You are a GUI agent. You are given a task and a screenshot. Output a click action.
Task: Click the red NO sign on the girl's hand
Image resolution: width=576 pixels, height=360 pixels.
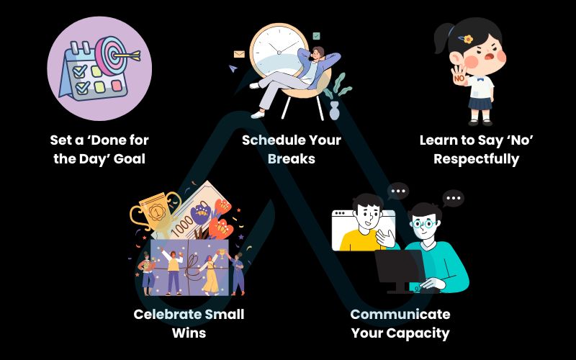(457, 76)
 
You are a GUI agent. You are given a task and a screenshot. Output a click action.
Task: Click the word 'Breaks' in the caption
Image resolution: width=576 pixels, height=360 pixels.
(292, 158)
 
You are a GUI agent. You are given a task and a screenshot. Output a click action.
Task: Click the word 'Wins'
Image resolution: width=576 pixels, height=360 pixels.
(189, 333)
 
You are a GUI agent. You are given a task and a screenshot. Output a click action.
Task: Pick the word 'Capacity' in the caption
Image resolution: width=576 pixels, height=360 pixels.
(420, 333)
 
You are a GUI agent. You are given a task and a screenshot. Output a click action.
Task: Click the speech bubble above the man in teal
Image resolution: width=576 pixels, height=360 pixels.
(453, 198)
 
